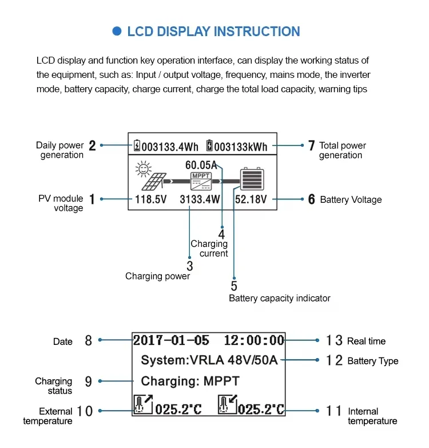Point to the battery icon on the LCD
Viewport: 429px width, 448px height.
[251, 179]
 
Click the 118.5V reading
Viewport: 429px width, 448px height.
[150, 199]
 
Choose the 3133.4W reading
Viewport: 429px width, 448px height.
[200, 199]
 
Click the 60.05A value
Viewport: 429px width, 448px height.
[201, 165]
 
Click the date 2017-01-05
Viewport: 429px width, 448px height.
[171, 340]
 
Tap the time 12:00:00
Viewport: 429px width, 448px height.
[254, 340]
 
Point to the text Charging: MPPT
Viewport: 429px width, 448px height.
[190, 381]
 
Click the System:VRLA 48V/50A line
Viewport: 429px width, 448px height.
[209, 360]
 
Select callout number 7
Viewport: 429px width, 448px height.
[311, 146]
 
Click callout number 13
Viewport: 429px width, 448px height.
[334, 341]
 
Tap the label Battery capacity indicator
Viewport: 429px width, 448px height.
[279, 298]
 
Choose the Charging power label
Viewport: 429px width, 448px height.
[157, 276]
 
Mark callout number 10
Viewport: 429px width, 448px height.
[84, 411]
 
